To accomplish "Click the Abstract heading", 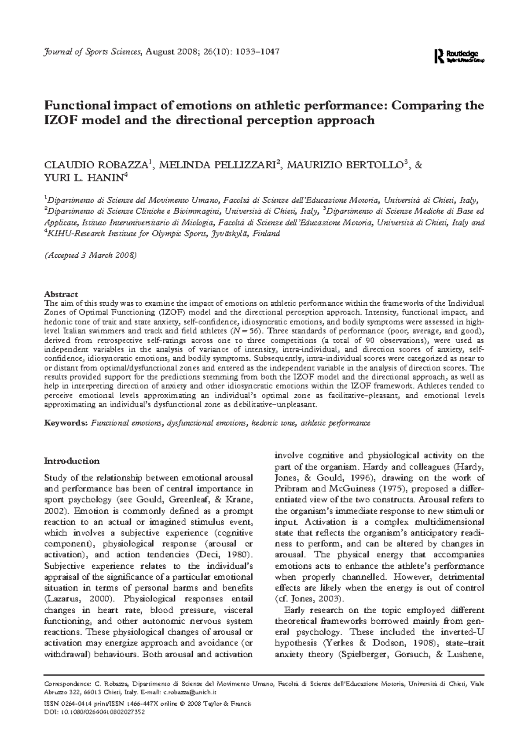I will pos(61,294).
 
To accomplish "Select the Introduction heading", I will pos(72,461).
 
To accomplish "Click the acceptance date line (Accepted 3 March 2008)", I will pos(92,256).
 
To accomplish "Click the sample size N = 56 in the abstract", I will pos(245,330).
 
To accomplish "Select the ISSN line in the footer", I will pos(148,716).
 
